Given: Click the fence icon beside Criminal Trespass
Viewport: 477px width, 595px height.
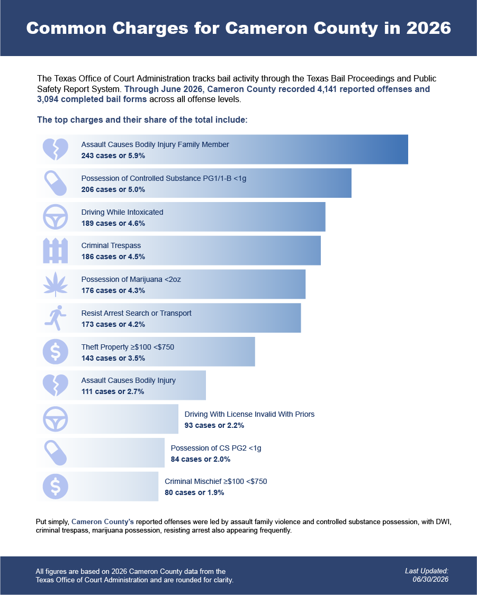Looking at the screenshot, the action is (x=56, y=251).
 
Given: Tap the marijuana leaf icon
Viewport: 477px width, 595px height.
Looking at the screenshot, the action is (x=56, y=284).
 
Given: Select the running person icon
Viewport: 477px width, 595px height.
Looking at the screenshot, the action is (x=56, y=318).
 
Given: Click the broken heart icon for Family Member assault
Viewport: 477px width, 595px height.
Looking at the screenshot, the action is (x=56, y=149).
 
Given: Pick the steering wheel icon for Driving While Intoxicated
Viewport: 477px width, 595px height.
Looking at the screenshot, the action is (x=56, y=217).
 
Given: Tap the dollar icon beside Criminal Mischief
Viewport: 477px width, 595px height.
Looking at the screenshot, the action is (x=56, y=487).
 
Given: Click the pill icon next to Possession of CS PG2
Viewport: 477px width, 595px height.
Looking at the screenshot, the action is (x=56, y=453).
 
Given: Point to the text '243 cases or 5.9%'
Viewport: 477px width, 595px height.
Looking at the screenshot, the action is (x=113, y=155).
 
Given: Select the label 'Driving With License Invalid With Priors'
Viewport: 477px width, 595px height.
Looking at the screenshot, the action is (x=249, y=414).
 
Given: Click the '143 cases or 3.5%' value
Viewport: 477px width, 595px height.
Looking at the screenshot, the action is (x=113, y=358).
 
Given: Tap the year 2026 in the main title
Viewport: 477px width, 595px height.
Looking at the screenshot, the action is (x=428, y=28).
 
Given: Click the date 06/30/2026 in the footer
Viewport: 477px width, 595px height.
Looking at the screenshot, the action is (x=430, y=580).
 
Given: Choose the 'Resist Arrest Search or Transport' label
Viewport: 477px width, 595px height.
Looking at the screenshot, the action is (x=137, y=313).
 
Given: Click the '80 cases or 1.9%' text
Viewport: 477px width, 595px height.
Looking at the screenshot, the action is (x=194, y=492).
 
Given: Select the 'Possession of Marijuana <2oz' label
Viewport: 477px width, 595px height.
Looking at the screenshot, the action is (x=131, y=279).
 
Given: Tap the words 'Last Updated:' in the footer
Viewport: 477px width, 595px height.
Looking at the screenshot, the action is (x=427, y=571).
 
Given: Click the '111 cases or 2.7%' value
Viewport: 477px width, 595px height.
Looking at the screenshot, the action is (x=113, y=391).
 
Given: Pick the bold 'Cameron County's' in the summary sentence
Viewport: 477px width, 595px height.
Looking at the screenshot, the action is (x=103, y=522).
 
